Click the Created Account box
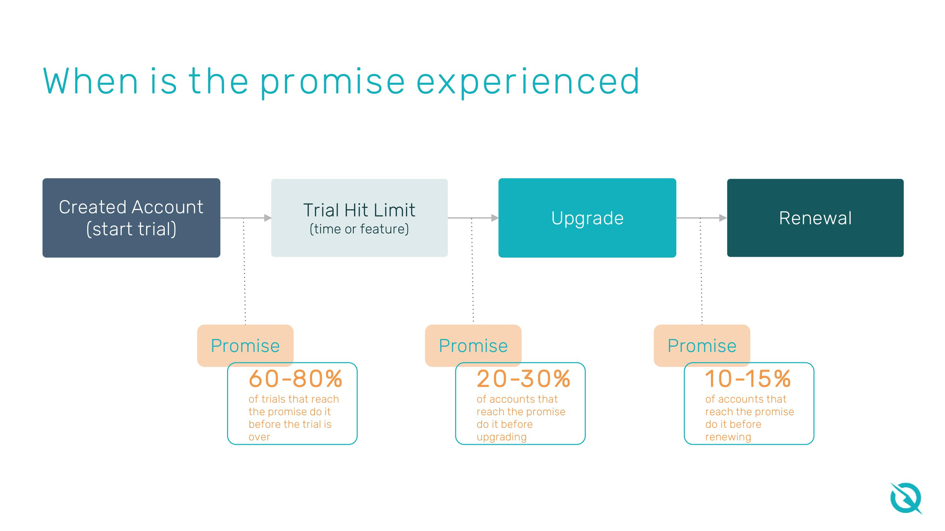coord(131,218)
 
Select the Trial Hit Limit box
coord(359,218)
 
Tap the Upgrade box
coord(587,218)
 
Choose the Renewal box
coord(815,218)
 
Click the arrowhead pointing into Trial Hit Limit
coord(268,218)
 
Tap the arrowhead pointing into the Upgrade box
coord(495,218)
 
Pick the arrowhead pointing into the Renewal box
coord(723,218)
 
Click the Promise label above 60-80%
coord(245,346)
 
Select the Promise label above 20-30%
coord(473,346)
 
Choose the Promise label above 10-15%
coord(702,346)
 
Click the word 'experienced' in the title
coord(528,81)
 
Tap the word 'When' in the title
coord(91,81)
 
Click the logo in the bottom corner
coord(905,498)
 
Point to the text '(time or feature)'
coord(359,229)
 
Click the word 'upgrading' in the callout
coord(501,437)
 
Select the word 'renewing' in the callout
coord(728,437)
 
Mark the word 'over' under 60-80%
coord(259,437)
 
